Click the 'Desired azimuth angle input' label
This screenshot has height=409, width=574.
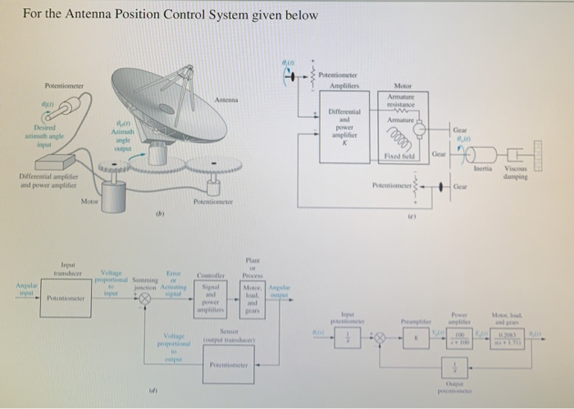pos(38,140)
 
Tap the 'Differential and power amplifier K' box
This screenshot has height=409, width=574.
pos(339,128)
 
